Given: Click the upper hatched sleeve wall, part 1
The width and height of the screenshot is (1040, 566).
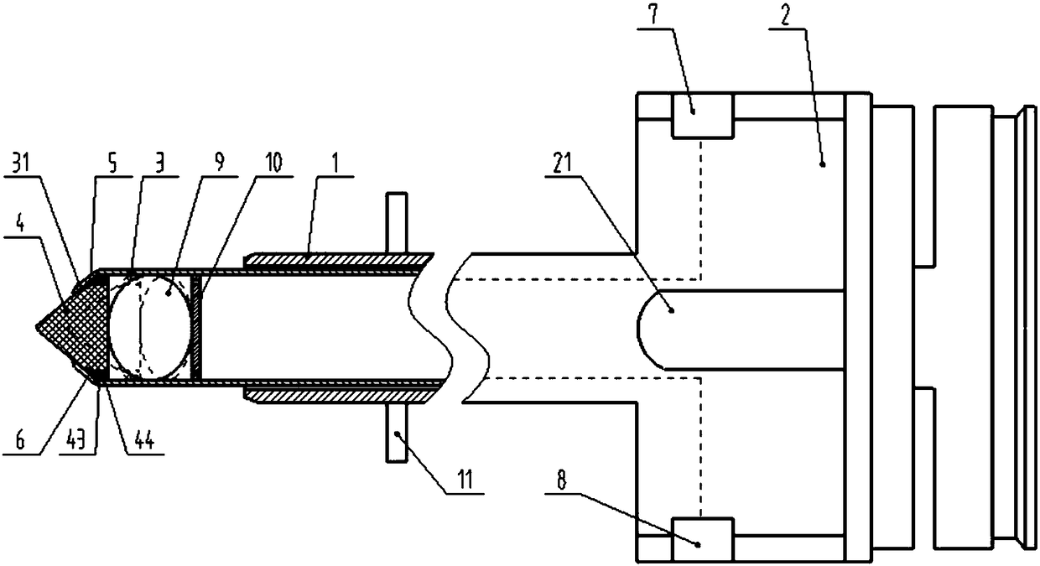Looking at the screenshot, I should pos(335,261).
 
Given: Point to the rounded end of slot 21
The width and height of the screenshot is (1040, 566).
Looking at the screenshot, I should pos(650,329).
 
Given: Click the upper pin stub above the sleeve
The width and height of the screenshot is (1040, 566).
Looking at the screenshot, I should pos(397,220).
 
